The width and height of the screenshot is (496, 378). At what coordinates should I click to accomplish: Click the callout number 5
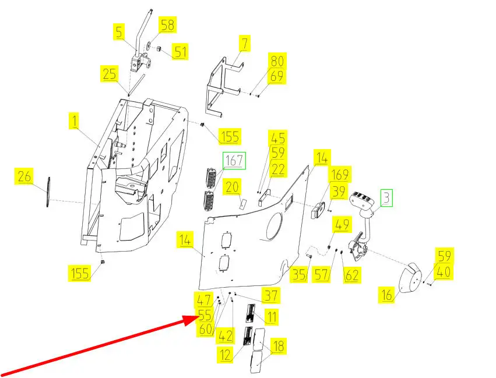[x=119, y=31]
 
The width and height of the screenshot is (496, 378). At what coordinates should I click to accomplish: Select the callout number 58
[x=167, y=25]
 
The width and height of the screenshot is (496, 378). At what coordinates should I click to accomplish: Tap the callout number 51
[x=180, y=52]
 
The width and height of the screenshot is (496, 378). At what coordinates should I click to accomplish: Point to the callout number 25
[x=110, y=74]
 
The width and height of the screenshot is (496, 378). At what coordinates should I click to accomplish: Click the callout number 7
[x=245, y=43]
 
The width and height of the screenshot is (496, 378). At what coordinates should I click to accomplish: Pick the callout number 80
[x=277, y=61]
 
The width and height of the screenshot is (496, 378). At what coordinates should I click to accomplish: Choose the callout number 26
[x=24, y=176]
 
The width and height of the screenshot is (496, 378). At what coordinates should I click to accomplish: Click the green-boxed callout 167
[x=233, y=160]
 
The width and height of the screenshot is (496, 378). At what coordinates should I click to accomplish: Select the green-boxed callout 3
[x=386, y=198]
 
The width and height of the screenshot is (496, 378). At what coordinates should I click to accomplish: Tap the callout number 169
[x=340, y=174]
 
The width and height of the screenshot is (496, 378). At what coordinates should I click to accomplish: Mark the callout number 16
[x=386, y=295]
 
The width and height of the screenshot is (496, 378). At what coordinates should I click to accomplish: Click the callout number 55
[x=204, y=316]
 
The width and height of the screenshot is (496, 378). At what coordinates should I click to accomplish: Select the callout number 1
[x=74, y=122]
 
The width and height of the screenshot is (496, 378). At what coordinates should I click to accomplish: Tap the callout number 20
[x=233, y=187]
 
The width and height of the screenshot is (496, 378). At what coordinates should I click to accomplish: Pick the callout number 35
[x=300, y=275]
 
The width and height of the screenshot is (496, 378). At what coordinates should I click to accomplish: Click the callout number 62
[x=352, y=274]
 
